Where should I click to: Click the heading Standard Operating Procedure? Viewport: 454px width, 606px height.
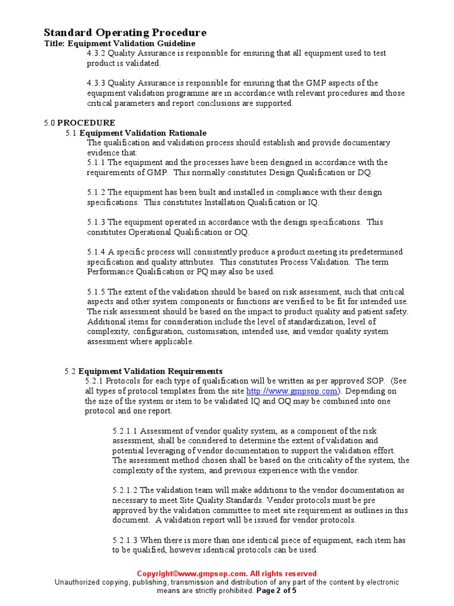pyautogui.click(x=125, y=33)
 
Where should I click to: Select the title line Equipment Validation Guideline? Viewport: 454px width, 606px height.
pyautogui.click(x=120, y=43)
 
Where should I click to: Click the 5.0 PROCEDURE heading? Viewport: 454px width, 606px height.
pyautogui.click(x=80, y=123)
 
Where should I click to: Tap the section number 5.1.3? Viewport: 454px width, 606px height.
pyautogui.click(x=96, y=222)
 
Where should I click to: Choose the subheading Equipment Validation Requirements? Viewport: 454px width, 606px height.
pyautogui.click(x=151, y=372)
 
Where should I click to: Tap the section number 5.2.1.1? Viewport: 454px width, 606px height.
pyautogui.click(x=125, y=431)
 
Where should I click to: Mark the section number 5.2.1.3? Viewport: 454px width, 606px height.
pyautogui.click(x=125, y=540)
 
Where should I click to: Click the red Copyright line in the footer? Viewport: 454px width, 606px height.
pyautogui.click(x=226, y=573)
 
